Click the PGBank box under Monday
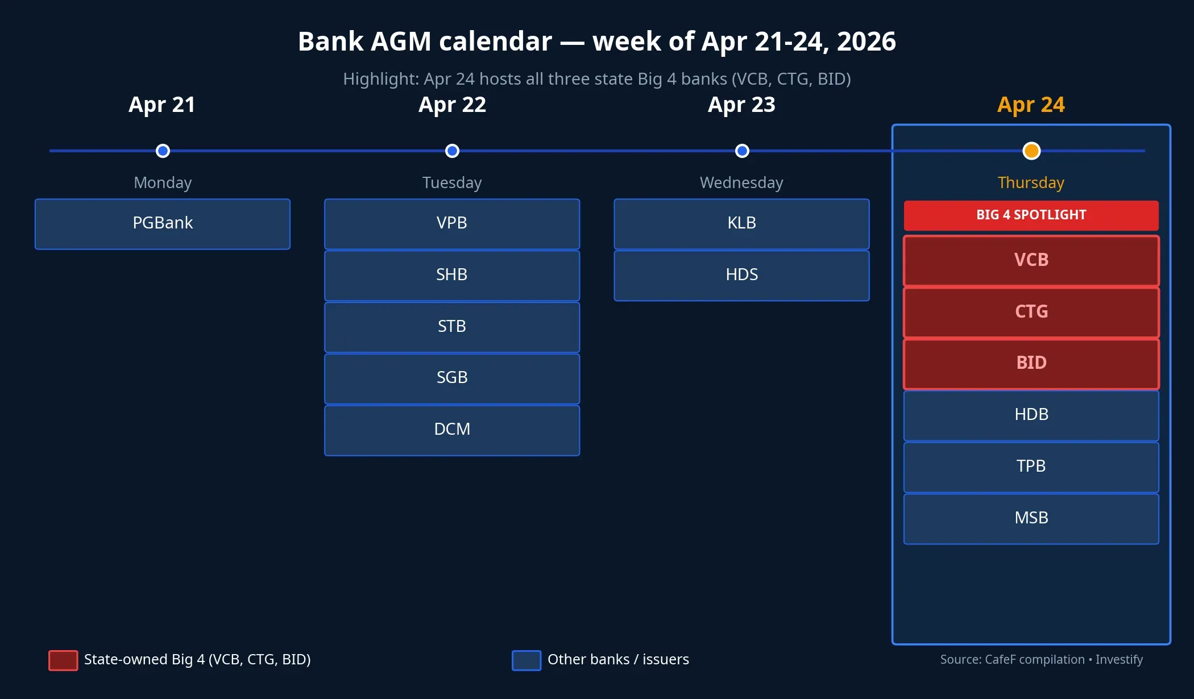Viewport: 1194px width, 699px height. [163, 223]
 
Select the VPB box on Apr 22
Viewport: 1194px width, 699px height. [452, 223]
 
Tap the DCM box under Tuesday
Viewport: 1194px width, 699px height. [452, 430]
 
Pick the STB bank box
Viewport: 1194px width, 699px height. [452, 327]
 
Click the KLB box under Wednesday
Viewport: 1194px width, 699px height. [741, 223]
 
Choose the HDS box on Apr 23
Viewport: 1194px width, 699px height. [741, 275]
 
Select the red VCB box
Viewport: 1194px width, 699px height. [1031, 260]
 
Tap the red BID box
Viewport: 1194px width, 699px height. [1031, 363]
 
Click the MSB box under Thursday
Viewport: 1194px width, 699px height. [1031, 518]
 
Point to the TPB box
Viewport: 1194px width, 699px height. [1031, 467]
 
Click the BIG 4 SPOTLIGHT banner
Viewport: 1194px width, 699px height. [1031, 215]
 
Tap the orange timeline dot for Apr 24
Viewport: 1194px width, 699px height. [1031, 151]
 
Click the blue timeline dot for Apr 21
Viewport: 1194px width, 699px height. [163, 151]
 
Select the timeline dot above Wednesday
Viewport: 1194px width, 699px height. [741, 151]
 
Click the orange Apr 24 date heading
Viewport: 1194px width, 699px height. [1031, 105]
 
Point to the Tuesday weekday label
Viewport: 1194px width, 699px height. [452, 182]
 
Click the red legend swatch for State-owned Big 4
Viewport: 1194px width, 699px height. [63, 660]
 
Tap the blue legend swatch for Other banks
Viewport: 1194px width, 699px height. [526, 660]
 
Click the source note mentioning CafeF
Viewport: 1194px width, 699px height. [1041, 659]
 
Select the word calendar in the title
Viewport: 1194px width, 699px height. [495, 41]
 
